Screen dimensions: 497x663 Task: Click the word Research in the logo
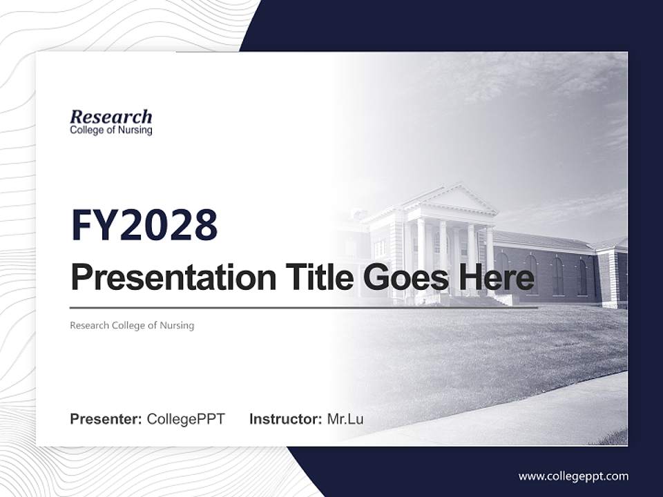click(x=110, y=117)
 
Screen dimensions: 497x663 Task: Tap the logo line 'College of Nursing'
click(x=110, y=130)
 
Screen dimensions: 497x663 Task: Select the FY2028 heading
click(x=144, y=225)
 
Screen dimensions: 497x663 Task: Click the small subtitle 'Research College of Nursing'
click(x=132, y=325)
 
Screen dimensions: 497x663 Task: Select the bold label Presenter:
click(x=106, y=419)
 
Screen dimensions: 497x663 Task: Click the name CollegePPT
click(x=186, y=419)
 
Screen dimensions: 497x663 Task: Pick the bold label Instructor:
click(x=285, y=419)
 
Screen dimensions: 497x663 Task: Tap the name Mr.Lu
click(x=345, y=419)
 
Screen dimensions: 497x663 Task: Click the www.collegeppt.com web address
click(x=573, y=476)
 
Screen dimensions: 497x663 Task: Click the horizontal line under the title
click(x=304, y=308)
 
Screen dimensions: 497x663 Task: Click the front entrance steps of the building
click(x=477, y=301)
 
